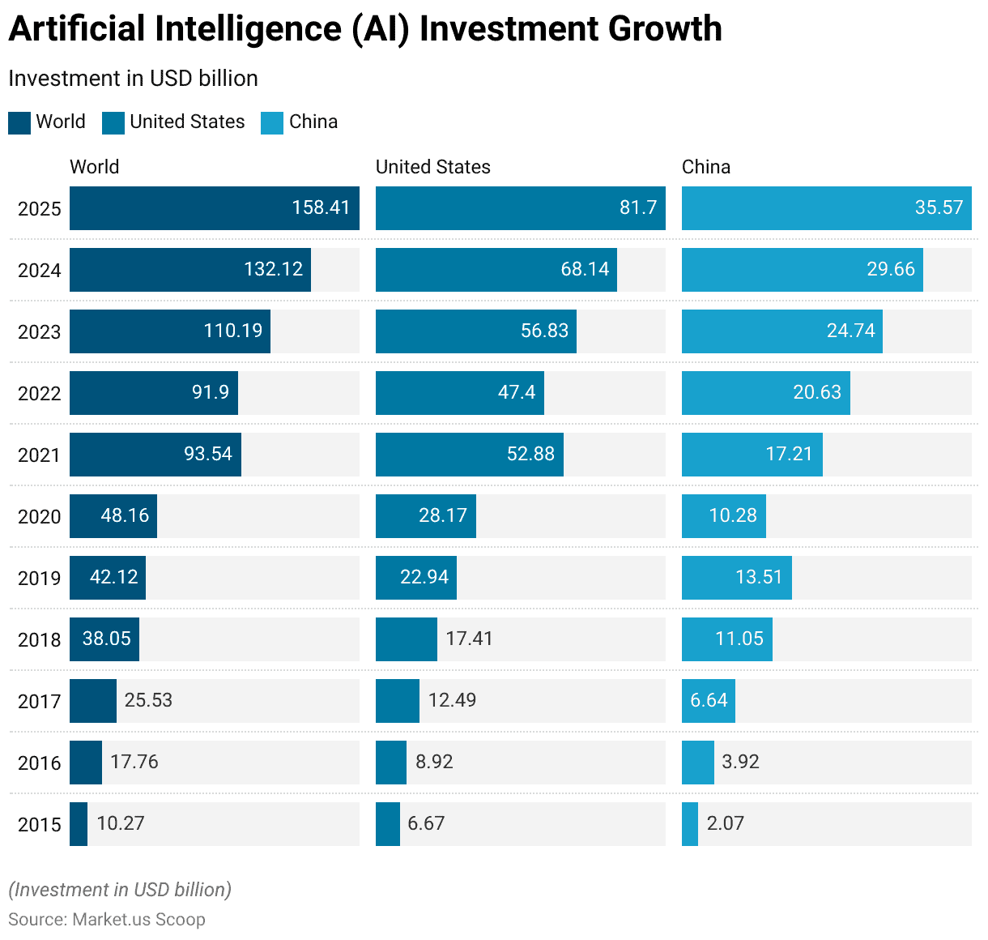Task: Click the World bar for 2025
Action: tap(215, 208)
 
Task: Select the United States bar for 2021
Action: tap(470, 455)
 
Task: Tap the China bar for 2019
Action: tap(737, 578)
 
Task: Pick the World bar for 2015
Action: tap(79, 824)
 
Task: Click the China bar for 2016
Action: tap(698, 763)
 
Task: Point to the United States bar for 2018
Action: tap(407, 639)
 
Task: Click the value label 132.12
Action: tap(274, 269)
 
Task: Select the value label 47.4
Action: tap(517, 392)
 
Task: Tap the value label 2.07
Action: tap(726, 823)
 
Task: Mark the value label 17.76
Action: tap(134, 762)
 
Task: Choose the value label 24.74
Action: tap(851, 331)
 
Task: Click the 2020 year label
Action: tap(40, 517)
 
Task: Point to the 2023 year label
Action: tap(40, 332)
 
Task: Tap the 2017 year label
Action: tap(40, 702)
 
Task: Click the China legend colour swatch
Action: tap(272, 122)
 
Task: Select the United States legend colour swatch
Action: tap(113, 122)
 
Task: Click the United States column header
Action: tap(433, 167)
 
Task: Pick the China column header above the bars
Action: tap(706, 167)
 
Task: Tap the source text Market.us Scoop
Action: tap(138, 920)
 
